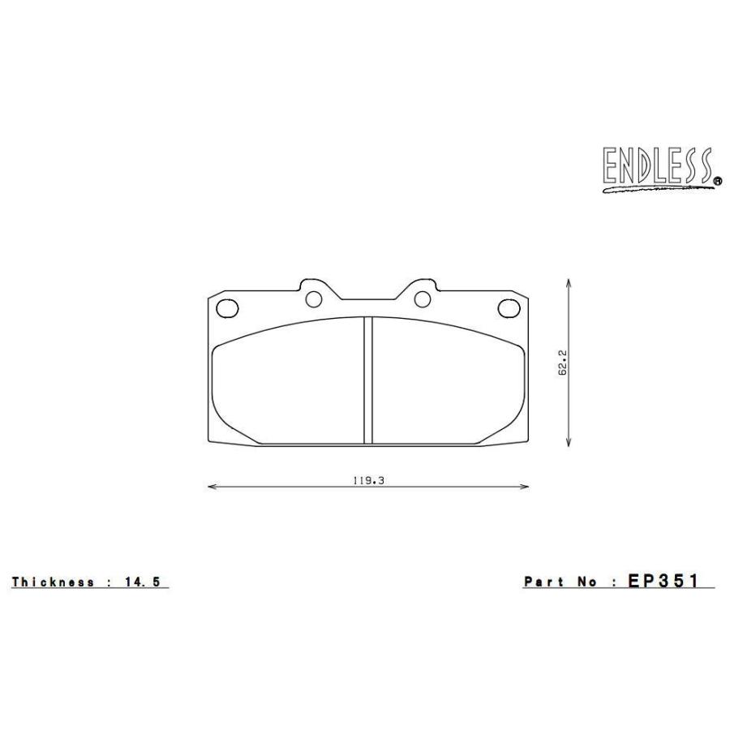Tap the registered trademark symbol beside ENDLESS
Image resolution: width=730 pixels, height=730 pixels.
[x=717, y=182]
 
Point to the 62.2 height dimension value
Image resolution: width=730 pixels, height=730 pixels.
[x=561, y=363]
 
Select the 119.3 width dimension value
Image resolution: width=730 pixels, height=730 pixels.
[x=367, y=480]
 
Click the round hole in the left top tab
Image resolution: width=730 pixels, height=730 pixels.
[x=314, y=299]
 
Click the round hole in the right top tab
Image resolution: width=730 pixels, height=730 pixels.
[x=422, y=299]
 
